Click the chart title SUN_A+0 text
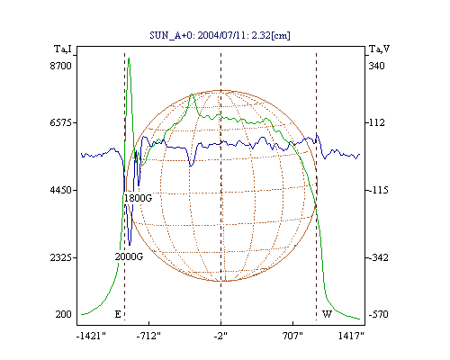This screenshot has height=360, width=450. coord(220,35)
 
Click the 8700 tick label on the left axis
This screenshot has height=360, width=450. coord(61,66)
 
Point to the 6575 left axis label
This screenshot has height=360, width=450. coord(61,122)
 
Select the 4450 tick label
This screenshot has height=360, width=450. coord(61,190)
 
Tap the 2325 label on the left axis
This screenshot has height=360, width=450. coord(61,257)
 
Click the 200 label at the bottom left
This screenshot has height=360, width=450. coord(63,314)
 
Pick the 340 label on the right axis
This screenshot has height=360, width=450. coord(376,66)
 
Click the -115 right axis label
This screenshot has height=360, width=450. coord(378,190)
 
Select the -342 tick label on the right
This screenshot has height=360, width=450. coord(378,257)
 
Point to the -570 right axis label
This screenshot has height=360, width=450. coord(378,314)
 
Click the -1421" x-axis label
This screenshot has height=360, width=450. coord(91,336)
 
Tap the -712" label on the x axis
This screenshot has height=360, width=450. coord(148,336)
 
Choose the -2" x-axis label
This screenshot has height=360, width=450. coord(220,336)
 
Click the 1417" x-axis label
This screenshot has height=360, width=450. coord(351,336)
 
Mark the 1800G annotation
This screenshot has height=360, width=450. coord(138,198)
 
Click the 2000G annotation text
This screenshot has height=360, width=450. coord(129,256)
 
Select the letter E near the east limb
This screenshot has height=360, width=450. coord(118,314)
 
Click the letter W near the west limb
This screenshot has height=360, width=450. coord(327,314)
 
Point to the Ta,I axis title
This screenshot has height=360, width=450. coord(63,49)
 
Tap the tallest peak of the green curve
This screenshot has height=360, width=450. coord(129,58)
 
